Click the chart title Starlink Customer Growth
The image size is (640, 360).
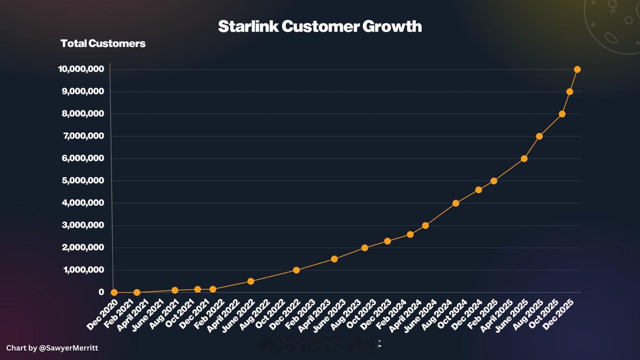pyautogui.click(x=320, y=26)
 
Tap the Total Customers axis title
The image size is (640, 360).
pyautogui.click(x=103, y=43)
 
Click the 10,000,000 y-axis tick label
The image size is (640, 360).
pyautogui.click(x=81, y=69)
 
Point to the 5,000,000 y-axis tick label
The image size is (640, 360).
pyautogui.click(x=83, y=181)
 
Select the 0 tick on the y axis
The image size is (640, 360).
pyautogui.click(x=101, y=292)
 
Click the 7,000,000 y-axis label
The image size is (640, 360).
pyautogui.click(x=83, y=136)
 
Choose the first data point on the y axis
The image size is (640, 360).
pyautogui.click(x=114, y=292)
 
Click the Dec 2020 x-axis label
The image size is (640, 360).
pyautogui.click(x=102, y=315)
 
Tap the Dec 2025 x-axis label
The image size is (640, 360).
pyautogui.click(x=558, y=315)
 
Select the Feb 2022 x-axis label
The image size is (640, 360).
pyautogui.click(x=209, y=315)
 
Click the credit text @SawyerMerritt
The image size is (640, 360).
pyautogui.click(x=68, y=348)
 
